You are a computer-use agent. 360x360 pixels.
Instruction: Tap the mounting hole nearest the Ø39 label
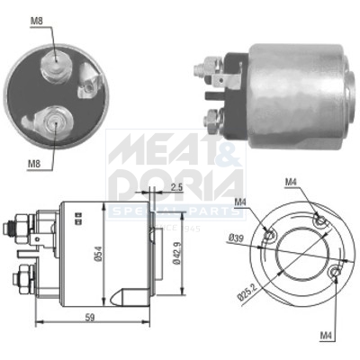tap(270, 236)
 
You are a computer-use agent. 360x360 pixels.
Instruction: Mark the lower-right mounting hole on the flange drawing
tap(335, 271)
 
